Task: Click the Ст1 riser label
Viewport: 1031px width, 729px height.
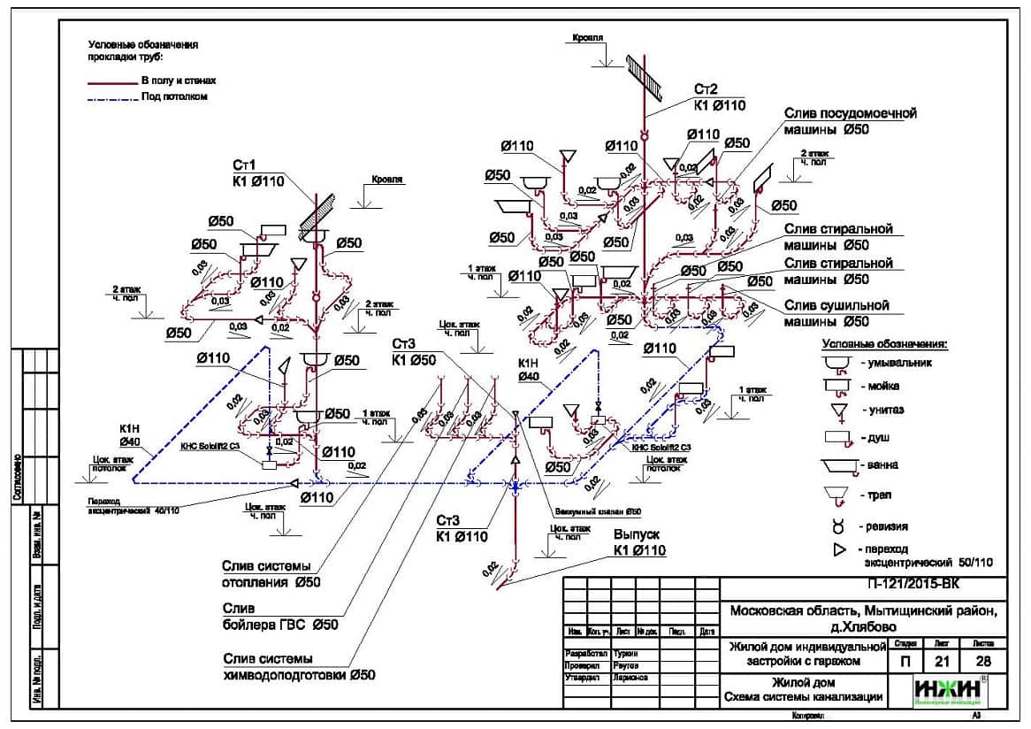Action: click(244, 165)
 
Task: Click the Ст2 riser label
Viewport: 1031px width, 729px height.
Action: click(706, 89)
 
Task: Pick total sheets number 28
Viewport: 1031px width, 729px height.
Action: click(983, 661)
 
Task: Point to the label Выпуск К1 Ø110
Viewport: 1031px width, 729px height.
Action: click(638, 542)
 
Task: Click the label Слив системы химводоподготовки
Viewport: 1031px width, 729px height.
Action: click(299, 666)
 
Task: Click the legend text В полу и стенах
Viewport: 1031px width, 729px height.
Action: click(179, 81)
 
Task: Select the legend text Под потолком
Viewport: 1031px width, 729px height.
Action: click(174, 96)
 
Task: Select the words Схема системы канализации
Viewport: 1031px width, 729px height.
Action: click(803, 697)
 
